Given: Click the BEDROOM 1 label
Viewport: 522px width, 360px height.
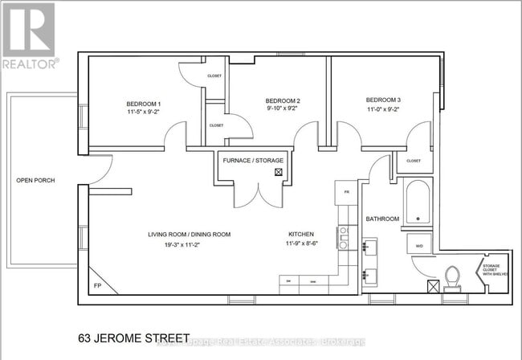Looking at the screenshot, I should (x=144, y=104).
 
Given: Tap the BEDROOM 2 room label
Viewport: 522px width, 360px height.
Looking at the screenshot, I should (x=282, y=101).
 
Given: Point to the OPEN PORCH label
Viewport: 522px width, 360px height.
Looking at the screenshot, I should (x=35, y=180).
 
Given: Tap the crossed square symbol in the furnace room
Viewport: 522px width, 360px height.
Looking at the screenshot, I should (x=279, y=171).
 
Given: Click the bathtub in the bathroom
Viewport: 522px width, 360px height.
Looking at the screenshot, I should (x=418, y=202).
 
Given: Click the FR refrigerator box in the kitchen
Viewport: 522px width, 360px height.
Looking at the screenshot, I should (x=346, y=193).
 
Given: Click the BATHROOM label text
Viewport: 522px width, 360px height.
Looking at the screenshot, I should (x=383, y=219).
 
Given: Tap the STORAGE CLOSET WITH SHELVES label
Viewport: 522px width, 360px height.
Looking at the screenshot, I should (x=490, y=270).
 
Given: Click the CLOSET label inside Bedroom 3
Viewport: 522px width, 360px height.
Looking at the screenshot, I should (x=413, y=161).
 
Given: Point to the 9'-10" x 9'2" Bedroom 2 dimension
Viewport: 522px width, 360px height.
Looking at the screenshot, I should (x=282, y=111).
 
